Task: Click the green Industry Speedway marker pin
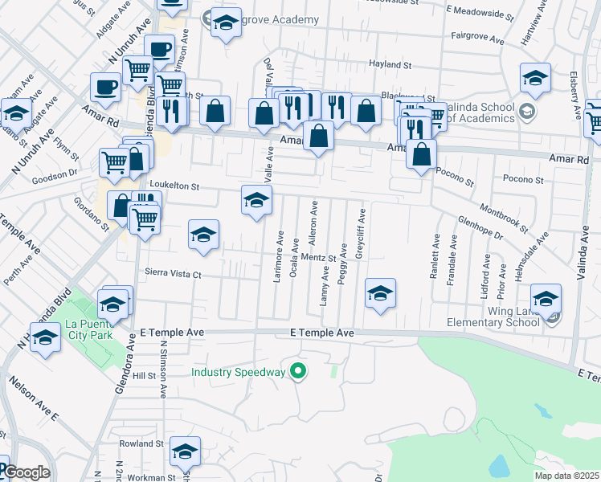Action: (x=298, y=372)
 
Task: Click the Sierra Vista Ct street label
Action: (x=172, y=274)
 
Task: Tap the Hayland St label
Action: (x=389, y=64)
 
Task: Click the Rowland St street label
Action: (x=141, y=443)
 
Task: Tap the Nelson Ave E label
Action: (x=33, y=398)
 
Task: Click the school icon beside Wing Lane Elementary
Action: (x=546, y=300)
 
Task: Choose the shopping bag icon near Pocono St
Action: (x=421, y=153)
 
